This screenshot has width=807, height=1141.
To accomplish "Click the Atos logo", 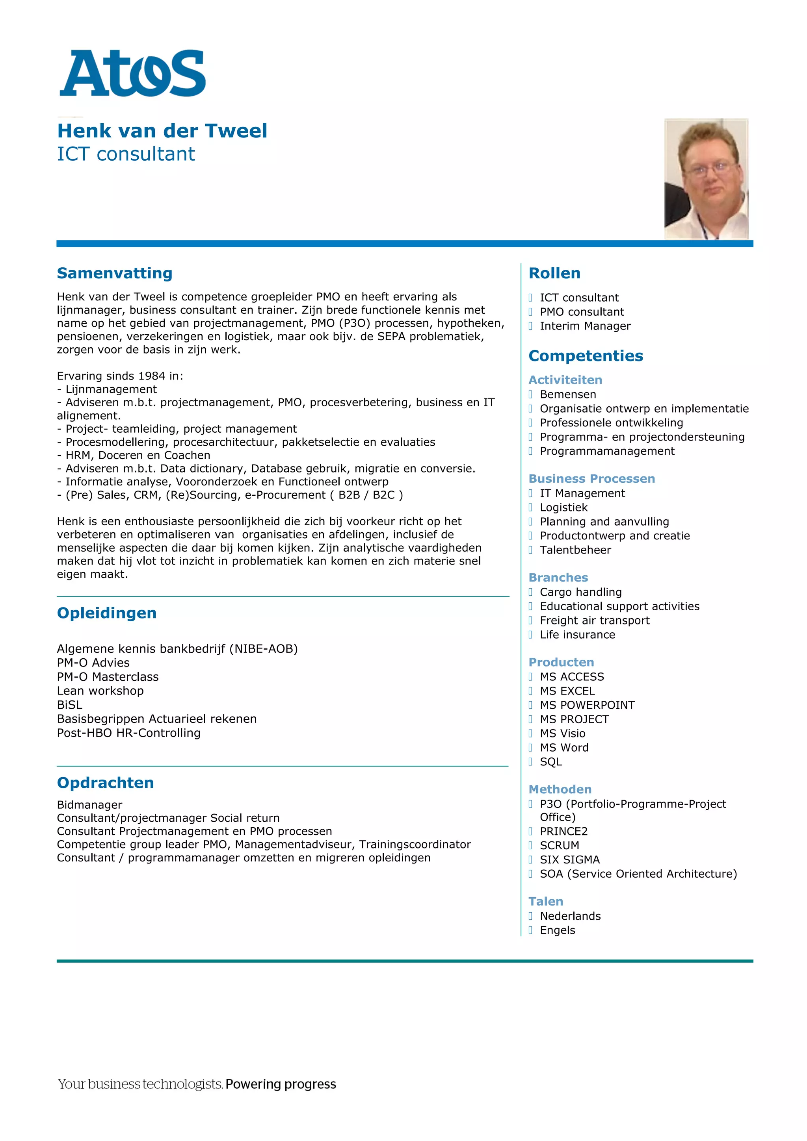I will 132,73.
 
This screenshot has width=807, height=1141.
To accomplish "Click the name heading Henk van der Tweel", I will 162,131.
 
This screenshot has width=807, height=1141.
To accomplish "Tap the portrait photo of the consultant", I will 706,179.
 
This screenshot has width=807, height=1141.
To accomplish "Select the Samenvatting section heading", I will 114,273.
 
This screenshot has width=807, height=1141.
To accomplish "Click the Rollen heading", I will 554,273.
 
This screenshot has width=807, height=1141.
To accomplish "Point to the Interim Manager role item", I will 585,326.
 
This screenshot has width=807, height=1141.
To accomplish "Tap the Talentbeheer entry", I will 575,550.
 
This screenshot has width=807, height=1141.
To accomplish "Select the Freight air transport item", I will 594,620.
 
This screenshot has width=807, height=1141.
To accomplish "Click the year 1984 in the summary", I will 151,376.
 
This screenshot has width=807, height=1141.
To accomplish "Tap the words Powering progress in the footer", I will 281,1084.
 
